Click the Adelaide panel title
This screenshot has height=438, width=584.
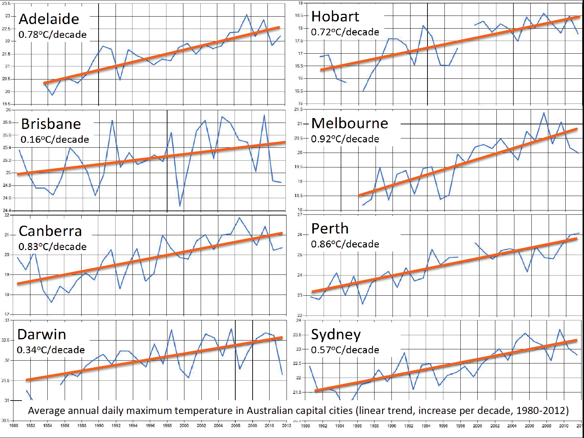[x=49, y=19]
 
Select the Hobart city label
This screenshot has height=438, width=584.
[x=335, y=17]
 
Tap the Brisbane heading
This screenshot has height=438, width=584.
[x=51, y=124]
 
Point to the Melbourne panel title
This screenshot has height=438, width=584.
[x=349, y=123]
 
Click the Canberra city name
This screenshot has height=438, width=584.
[x=50, y=231]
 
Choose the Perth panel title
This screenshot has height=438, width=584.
[x=330, y=229]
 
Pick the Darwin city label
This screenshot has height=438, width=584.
[x=42, y=335]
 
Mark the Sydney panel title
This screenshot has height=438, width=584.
[x=336, y=335]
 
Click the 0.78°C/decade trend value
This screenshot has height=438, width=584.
[x=52, y=35]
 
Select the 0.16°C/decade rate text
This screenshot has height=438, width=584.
[x=55, y=140]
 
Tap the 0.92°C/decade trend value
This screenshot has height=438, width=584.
[x=345, y=139]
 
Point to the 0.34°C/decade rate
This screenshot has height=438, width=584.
[x=51, y=350]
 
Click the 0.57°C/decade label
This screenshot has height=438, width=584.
[x=345, y=350]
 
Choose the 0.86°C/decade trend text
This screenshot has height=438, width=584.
[x=345, y=244]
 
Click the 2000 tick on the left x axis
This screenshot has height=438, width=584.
[x=184, y=426]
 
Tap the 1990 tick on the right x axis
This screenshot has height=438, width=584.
[x=391, y=426]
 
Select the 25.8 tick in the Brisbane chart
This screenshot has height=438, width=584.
[x=7, y=123]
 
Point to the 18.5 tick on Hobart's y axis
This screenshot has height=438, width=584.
[x=299, y=16]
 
